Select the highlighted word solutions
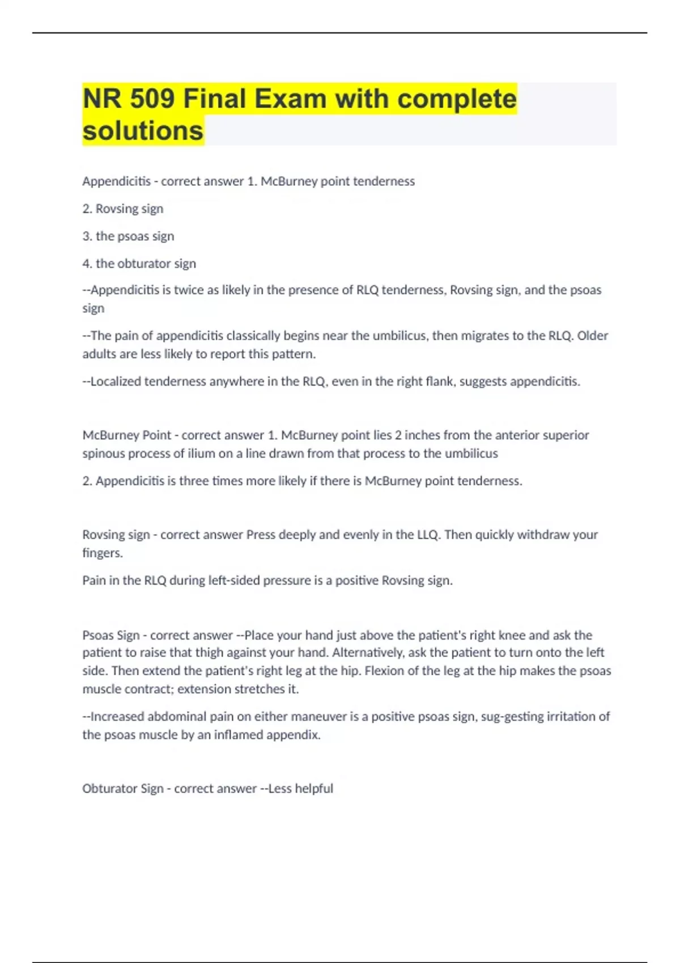(143, 130)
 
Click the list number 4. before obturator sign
(87, 263)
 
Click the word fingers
(102, 553)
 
